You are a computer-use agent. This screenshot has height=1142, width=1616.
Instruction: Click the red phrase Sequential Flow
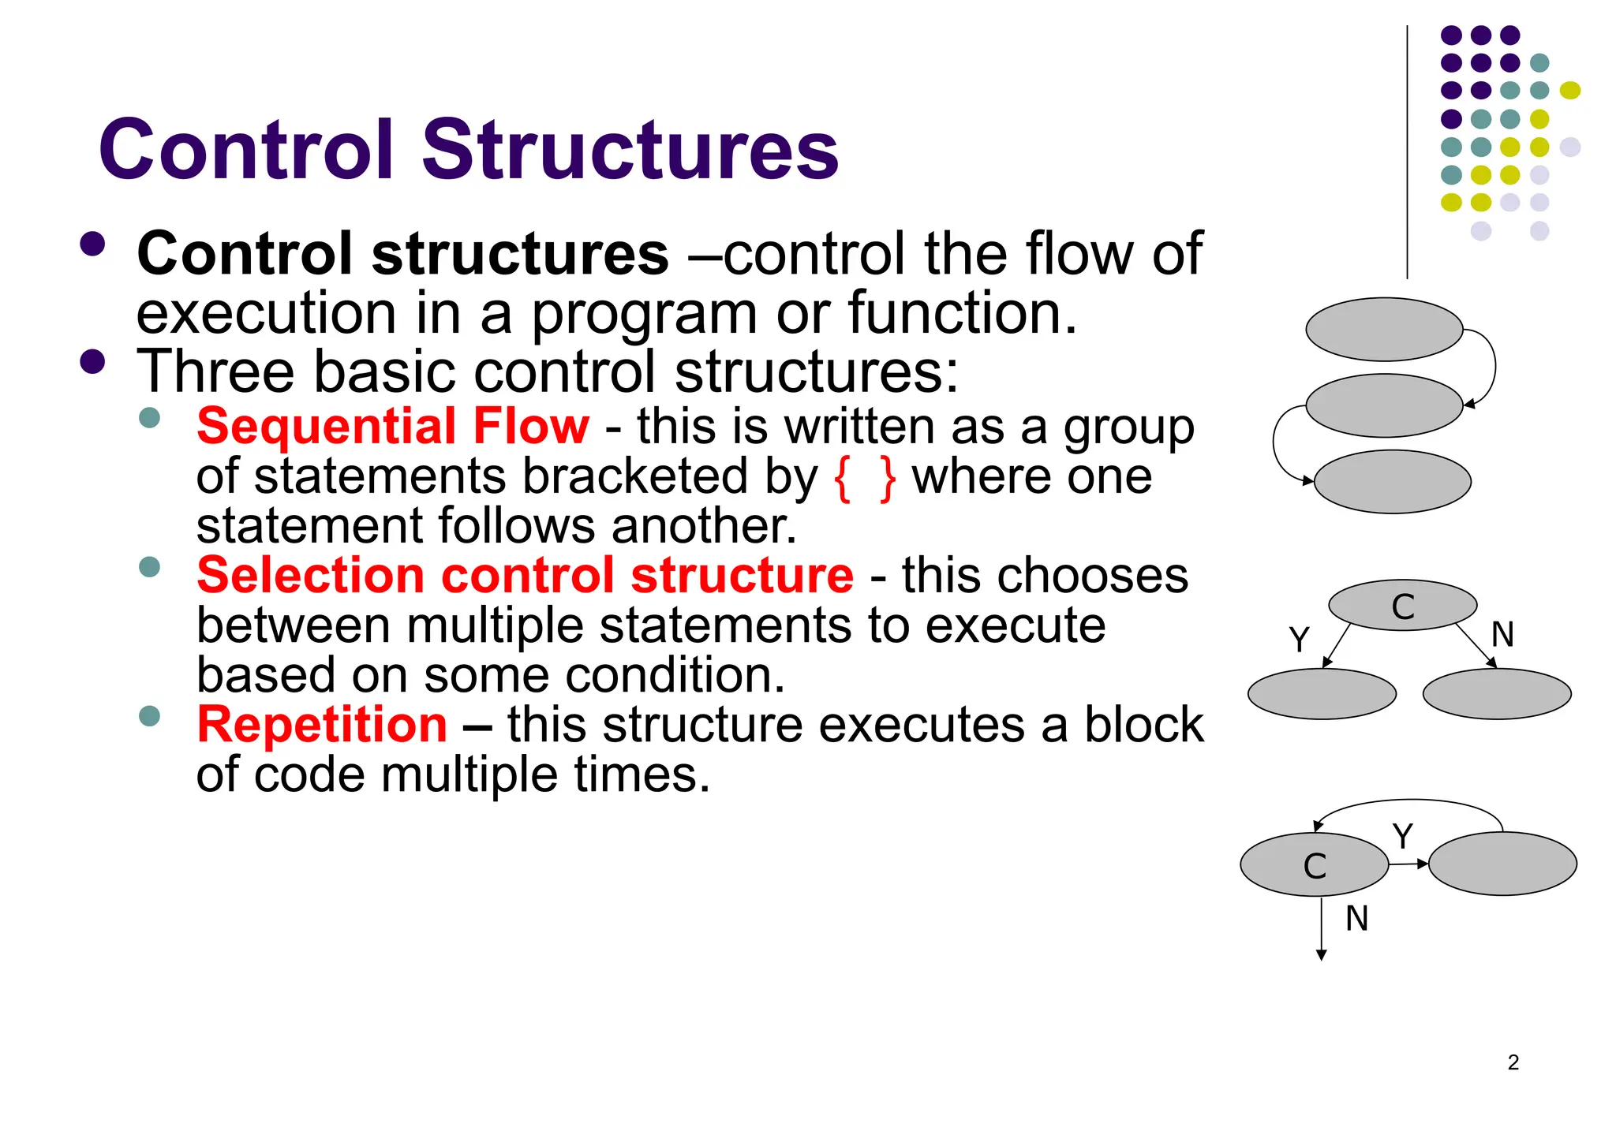point(392,427)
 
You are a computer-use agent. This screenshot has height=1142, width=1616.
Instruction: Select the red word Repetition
point(322,725)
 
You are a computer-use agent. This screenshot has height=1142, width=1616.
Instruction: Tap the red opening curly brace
point(843,478)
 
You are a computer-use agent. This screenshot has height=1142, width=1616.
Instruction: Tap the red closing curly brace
point(888,478)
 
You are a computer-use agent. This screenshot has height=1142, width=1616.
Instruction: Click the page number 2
point(1513,1062)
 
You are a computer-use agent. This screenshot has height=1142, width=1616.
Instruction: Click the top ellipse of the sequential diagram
point(1384,330)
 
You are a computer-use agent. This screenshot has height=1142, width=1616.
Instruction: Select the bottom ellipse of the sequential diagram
point(1392,482)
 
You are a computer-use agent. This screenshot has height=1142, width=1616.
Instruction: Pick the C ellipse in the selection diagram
point(1402,606)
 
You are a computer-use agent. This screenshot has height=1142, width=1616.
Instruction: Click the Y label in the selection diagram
point(1299,639)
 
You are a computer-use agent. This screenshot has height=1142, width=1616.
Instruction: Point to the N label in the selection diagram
point(1502,634)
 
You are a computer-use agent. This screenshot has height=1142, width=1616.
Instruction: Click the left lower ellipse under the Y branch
point(1322,694)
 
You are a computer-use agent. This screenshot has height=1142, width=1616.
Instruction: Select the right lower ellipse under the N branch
point(1497,694)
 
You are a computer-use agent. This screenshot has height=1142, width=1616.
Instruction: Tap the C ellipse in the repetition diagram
point(1314,865)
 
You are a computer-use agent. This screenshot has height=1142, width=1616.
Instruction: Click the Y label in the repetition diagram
point(1402,836)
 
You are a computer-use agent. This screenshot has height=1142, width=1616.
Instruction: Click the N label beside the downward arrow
point(1356,919)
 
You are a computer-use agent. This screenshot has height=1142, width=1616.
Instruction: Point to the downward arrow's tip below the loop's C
point(1322,957)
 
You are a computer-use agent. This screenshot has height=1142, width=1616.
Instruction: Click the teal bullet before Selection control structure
point(149,566)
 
